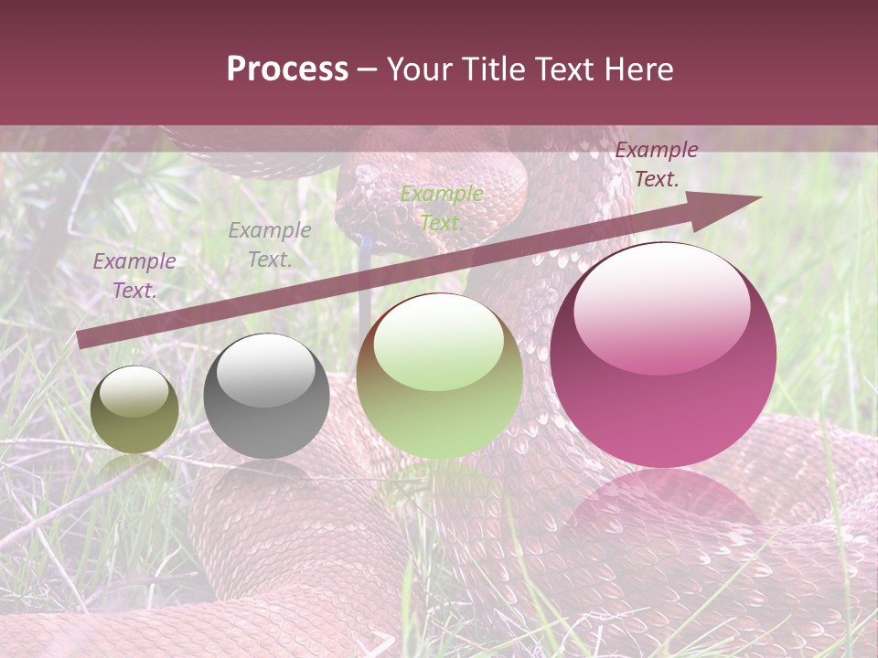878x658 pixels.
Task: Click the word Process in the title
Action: click(x=287, y=69)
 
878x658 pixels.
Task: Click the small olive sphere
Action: click(x=134, y=410)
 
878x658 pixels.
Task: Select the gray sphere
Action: click(x=266, y=397)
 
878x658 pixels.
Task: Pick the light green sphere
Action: click(x=440, y=376)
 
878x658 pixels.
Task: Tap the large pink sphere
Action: click(x=663, y=356)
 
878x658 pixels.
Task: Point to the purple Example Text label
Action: click(x=134, y=275)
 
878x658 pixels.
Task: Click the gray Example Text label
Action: click(x=269, y=244)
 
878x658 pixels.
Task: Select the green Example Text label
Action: click(x=442, y=207)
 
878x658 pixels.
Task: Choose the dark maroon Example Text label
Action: click(x=656, y=164)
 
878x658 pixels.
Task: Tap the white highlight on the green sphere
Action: click(x=439, y=341)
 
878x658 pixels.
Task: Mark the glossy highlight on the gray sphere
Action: click(x=266, y=368)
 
